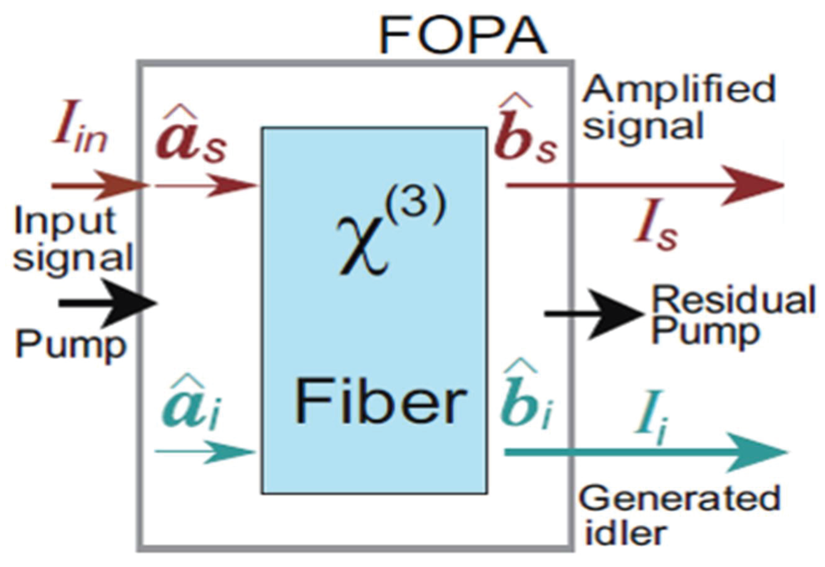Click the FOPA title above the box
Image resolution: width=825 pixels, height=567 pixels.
(x=462, y=36)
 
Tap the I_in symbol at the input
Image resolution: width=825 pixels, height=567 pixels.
(x=81, y=133)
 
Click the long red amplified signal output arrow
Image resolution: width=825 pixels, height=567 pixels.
(x=645, y=185)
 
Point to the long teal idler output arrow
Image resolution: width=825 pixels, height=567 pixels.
(x=645, y=452)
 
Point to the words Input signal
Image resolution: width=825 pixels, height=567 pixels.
(x=71, y=239)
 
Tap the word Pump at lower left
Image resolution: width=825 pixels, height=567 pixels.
(x=71, y=345)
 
